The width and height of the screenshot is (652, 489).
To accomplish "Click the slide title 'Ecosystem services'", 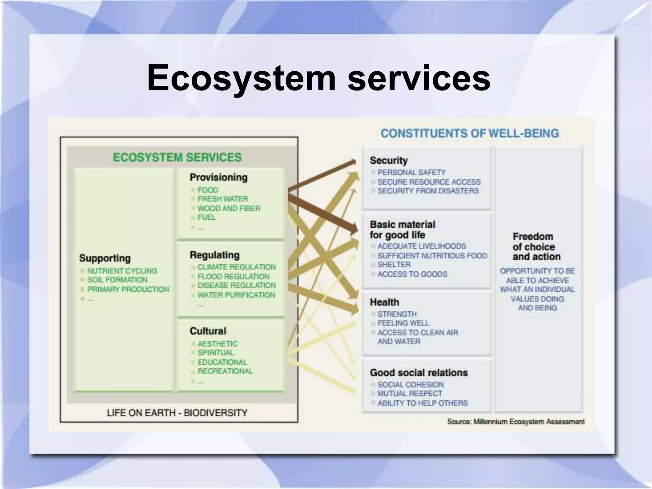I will click(318, 78).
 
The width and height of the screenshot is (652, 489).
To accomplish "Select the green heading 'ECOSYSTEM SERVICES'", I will click(177, 157).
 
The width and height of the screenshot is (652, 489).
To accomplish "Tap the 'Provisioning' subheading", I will click(218, 177).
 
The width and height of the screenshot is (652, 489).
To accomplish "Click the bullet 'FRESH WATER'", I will click(223, 199).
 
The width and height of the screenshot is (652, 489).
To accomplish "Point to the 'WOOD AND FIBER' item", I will click(229, 209).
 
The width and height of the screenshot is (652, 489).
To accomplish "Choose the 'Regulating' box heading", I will click(215, 255).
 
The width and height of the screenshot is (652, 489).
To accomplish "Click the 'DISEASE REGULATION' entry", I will click(237, 286).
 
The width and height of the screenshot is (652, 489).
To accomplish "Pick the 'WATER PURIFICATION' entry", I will click(236, 295).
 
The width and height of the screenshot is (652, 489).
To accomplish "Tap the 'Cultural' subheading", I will click(208, 331).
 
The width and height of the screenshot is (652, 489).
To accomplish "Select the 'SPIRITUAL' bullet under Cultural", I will click(216, 353).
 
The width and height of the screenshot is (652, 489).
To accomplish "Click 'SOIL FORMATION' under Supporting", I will click(117, 280).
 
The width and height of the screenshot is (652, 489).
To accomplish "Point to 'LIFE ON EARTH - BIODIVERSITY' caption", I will click(177, 413).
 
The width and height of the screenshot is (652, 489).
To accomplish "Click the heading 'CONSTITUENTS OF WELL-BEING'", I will click(470, 133).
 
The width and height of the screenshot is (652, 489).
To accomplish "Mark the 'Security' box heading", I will click(388, 160).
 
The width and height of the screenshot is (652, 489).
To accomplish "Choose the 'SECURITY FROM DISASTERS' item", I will click(428, 191).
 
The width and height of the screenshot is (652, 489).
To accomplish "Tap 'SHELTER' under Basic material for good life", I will click(394, 265).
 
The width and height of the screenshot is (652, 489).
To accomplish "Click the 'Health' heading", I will click(384, 302).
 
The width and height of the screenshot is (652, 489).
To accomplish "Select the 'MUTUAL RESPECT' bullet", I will click(410, 394).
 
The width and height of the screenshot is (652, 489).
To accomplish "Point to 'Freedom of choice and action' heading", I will click(536, 246).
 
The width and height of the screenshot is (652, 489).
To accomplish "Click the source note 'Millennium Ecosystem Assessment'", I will click(529, 422).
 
